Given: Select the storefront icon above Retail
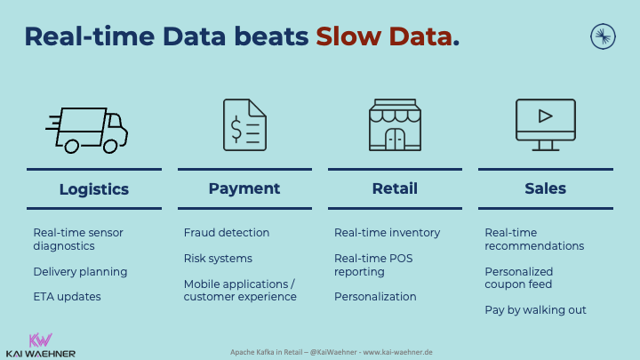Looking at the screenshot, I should pyautogui.click(x=395, y=125).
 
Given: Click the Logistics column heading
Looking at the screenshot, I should pyautogui.click(x=93, y=188).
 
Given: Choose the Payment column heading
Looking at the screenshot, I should pyautogui.click(x=244, y=188).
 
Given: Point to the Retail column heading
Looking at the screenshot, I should pyautogui.click(x=395, y=188).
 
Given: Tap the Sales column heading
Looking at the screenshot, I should pyautogui.click(x=545, y=188).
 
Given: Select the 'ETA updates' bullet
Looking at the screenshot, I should pyautogui.click(x=67, y=297).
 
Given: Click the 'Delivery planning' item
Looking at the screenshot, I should pyautogui.click(x=80, y=271).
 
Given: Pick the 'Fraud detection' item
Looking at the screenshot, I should pyautogui.click(x=227, y=233).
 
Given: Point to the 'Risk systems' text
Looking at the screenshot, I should pyautogui.click(x=218, y=259).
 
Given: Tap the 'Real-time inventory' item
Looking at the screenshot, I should pyautogui.click(x=387, y=233).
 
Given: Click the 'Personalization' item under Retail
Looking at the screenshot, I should pyautogui.click(x=375, y=297).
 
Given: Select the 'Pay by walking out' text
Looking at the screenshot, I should pyautogui.click(x=535, y=310).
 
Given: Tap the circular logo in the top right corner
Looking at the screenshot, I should pyautogui.click(x=603, y=36).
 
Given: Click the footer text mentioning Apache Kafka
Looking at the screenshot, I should pyautogui.click(x=320, y=352).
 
